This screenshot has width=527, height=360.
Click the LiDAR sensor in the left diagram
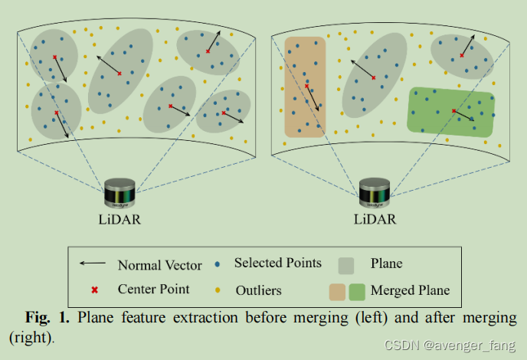point(119,192)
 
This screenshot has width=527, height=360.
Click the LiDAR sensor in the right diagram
point(375,192)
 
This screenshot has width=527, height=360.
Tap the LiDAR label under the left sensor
point(119,220)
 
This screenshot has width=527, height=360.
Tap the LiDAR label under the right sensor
point(375,220)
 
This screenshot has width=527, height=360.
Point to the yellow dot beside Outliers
point(218,290)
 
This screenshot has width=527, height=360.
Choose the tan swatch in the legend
point(338,291)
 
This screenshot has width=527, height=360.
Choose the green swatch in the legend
point(357,291)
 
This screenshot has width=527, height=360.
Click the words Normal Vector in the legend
point(159,266)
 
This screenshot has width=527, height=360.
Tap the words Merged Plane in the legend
point(410,290)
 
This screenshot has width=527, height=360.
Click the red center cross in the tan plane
point(306,86)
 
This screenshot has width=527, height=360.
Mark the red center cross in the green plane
point(453,111)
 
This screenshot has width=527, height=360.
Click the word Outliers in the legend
point(258,290)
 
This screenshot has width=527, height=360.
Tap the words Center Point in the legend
point(153,290)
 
